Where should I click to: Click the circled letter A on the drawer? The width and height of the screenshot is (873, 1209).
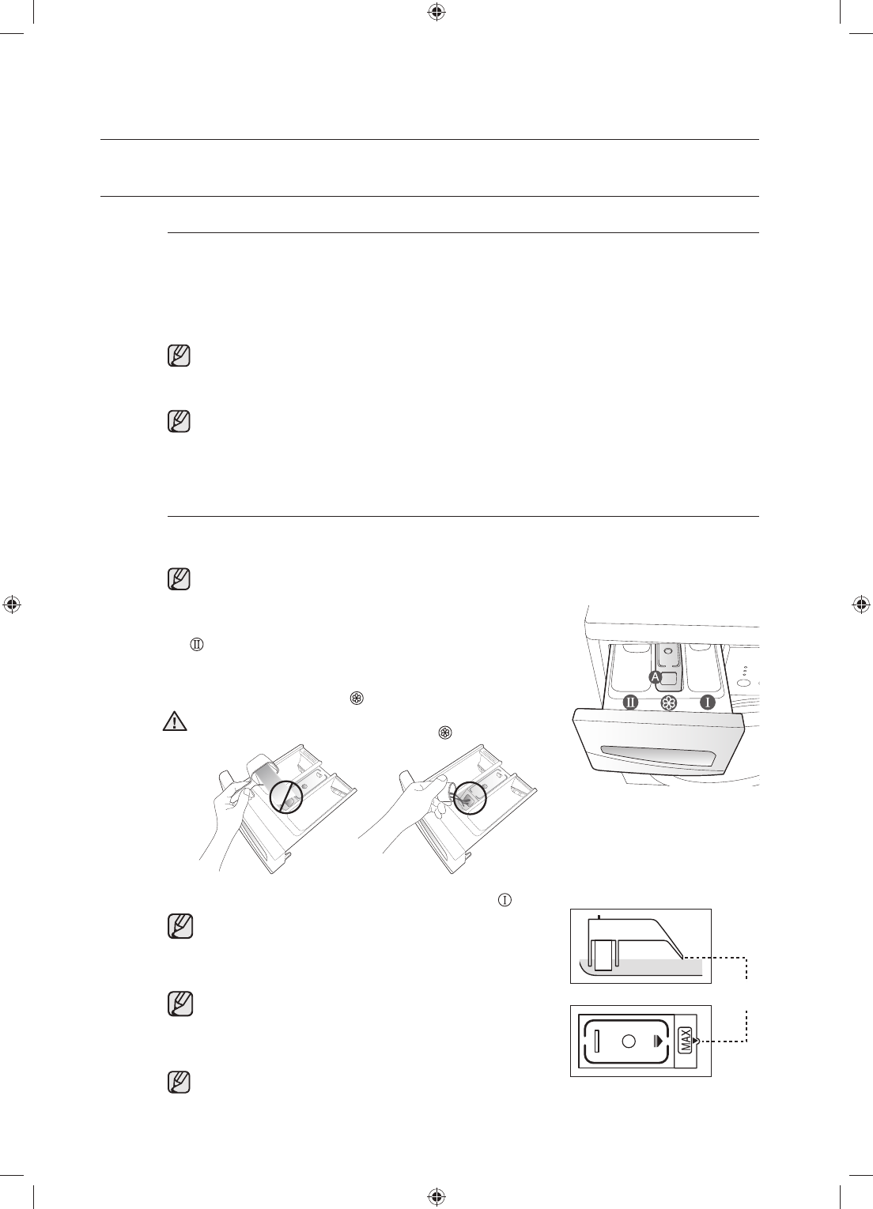coord(654,678)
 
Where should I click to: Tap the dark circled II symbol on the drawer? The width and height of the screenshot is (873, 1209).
coord(630,702)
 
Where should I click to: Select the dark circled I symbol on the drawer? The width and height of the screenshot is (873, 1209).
coord(709,702)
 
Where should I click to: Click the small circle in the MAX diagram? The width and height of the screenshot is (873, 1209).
coord(629,1041)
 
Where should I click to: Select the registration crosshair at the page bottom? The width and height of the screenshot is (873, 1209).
coord(436,1196)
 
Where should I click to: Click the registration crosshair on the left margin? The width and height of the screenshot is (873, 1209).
coord(12,605)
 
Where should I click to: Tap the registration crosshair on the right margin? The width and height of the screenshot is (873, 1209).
coord(861,605)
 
